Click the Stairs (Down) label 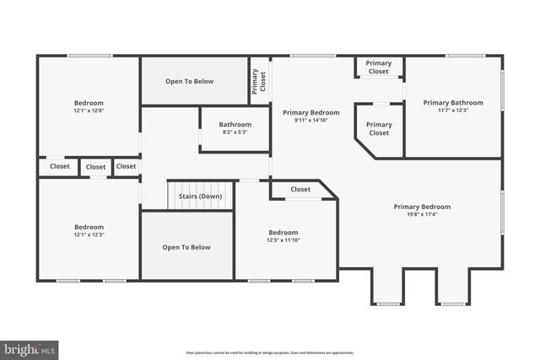[x=200, y=196]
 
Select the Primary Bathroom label [x=453, y=103]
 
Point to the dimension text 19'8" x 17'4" [x=422, y=214]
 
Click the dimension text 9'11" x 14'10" [x=310, y=121]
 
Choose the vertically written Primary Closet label [x=259, y=81]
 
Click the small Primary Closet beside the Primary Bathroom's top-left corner [x=379, y=67]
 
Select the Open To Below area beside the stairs [x=186, y=246]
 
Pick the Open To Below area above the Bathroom [x=189, y=82]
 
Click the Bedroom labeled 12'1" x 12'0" [x=89, y=106]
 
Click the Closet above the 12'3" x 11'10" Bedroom [x=300, y=190]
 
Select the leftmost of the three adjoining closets [x=60, y=167]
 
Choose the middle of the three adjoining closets [x=95, y=167]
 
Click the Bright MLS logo [x=30, y=347]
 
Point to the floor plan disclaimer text [x=269, y=352]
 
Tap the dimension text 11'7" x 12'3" [x=453, y=110]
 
